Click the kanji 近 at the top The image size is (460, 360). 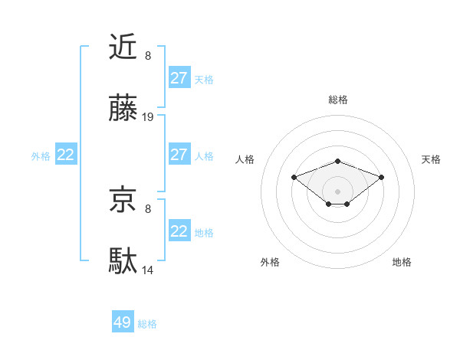(x=123, y=47)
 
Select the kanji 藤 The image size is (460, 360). (x=123, y=110)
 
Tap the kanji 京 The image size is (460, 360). (x=123, y=201)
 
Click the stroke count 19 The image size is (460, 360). (x=148, y=117)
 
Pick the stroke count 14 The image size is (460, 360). (x=148, y=270)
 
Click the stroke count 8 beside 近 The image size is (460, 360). (x=148, y=55)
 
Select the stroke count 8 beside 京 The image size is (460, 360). (x=148, y=208)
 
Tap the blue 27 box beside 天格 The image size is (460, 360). (x=179, y=78)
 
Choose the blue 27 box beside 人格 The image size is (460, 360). (x=179, y=155)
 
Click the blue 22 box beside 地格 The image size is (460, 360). (x=179, y=231)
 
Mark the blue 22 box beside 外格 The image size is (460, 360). (x=66, y=155)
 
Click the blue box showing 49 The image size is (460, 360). (x=123, y=322)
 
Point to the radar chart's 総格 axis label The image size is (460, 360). (x=337, y=100)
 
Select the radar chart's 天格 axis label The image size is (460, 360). (x=431, y=159)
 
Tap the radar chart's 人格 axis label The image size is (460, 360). (x=245, y=159)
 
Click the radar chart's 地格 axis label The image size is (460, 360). (x=402, y=262)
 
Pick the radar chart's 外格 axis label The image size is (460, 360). (x=270, y=262)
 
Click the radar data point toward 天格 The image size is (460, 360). (x=381, y=177)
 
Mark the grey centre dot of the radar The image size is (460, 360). (x=337, y=191)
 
